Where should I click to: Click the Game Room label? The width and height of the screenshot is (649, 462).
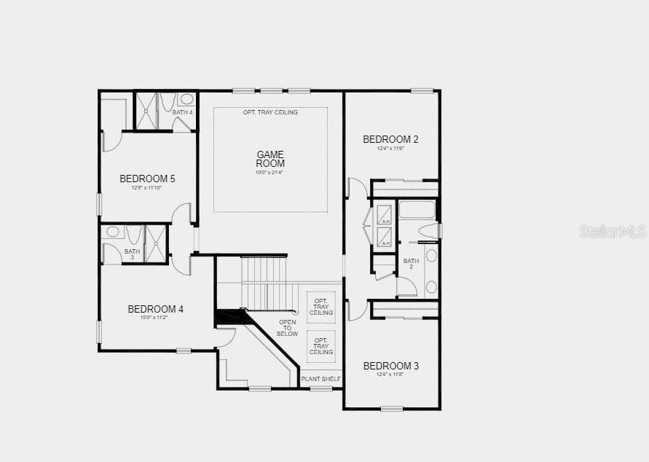(x=270, y=159)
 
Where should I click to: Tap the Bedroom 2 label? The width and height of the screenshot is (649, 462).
(x=390, y=139)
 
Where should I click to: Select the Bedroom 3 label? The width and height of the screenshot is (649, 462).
(x=391, y=366)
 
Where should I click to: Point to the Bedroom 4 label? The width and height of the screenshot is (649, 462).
(x=156, y=309)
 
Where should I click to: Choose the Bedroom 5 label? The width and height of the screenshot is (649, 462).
(x=147, y=179)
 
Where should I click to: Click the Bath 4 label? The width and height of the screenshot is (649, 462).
(x=182, y=112)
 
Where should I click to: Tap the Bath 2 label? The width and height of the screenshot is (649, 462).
(x=411, y=264)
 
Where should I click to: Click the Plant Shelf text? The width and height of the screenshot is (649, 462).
(x=321, y=379)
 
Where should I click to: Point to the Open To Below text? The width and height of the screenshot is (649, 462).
(x=288, y=328)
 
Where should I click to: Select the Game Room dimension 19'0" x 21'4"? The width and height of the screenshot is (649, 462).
(x=270, y=173)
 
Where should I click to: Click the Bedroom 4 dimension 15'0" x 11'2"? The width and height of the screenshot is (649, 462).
(x=156, y=318)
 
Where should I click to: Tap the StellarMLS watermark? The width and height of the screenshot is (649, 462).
(x=613, y=231)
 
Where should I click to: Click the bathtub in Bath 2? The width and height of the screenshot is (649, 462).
(x=417, y=210)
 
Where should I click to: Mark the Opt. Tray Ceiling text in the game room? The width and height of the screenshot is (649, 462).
(x=270, y=112)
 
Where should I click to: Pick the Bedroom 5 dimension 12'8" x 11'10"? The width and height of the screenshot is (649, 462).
(x=147, y=188)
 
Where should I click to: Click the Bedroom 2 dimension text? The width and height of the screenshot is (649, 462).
(x=390, y=149)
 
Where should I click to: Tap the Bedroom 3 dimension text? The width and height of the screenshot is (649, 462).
(x=391, y=375)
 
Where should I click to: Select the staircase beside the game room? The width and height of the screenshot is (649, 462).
(x=267, y=283)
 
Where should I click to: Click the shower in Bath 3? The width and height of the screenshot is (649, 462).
(x=156, y=243)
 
